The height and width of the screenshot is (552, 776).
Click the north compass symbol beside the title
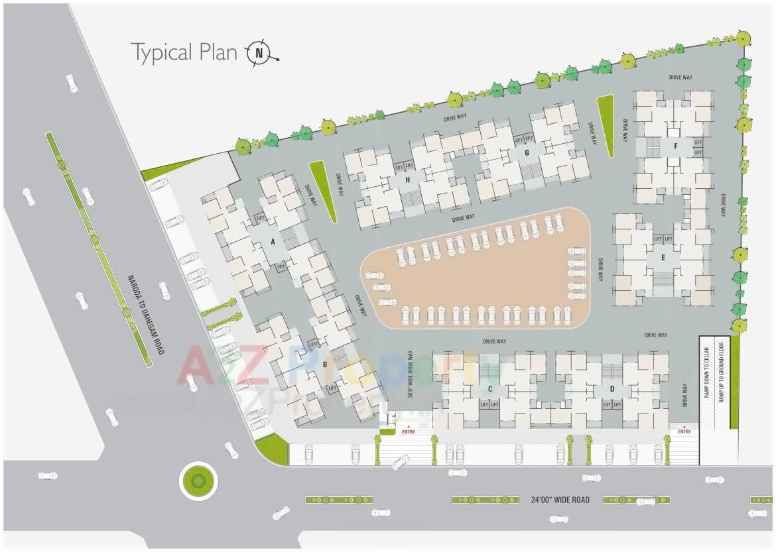pos(260,53)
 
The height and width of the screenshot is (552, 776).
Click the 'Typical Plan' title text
pos(184,52)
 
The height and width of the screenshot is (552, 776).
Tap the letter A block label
pos(273,242)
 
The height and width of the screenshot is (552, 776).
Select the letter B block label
pos(325,364)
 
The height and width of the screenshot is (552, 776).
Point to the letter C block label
pos(490,388)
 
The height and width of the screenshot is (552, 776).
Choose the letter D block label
pos(612,388)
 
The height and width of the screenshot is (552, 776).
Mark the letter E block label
pos(663,257)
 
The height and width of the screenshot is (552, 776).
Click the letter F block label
pos(675,146)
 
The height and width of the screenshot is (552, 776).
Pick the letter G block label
pos(527,153)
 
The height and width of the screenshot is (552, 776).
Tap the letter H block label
pos(408,180)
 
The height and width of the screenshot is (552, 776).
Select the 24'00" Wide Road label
pos(560,500)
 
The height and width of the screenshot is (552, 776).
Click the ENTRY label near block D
pos(684,432)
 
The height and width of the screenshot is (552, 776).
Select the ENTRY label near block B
pos(408,432)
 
